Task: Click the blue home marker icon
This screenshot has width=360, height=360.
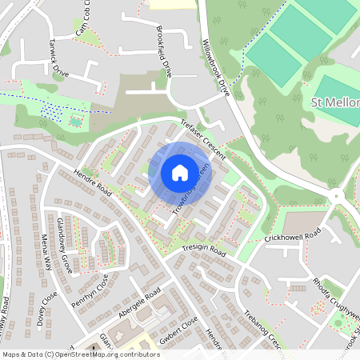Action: (180, 172)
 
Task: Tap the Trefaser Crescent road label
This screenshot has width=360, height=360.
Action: (202, 138)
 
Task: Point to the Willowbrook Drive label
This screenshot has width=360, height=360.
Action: (216, 68)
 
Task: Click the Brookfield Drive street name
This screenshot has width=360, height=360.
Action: (165, 54)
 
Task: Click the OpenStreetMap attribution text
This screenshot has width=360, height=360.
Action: (80, 354)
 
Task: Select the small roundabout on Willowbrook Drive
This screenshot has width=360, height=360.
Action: (338, 194)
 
